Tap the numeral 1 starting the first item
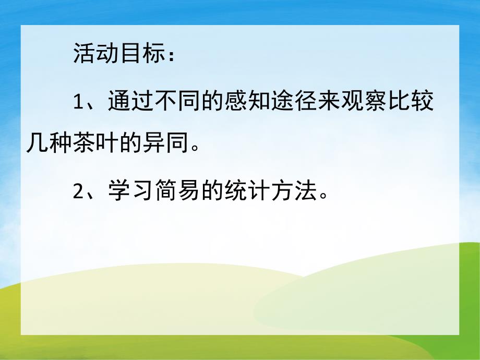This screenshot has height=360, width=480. pyautogui.click(x=78, y=102)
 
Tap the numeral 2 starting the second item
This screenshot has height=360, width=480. pyautogui.click(x=78, y=193)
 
